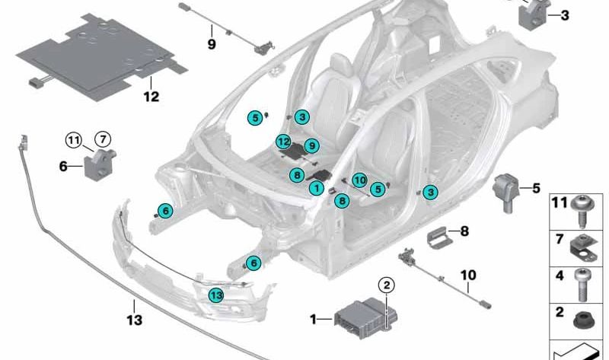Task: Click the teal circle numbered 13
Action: point(216,295)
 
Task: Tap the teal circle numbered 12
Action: point(283,142)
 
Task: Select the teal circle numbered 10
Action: point(359,180)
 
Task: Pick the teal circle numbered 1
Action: point(317,189)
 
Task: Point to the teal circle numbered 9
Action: point(311,145)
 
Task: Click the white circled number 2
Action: point(387,285)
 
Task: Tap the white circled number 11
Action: point(74,140)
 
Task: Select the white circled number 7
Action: point(103,139)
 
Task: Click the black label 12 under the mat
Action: point(151,97)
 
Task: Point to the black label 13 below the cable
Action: point(135,320)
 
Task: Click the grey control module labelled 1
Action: point(365,318)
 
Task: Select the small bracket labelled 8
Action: point(440,236)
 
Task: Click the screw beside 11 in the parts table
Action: point(583,212)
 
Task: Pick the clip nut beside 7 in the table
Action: point(583,250)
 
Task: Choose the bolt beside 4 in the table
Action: point(581,285)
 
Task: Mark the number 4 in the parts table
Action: point(560,276)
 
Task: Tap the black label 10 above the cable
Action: point(468,275)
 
